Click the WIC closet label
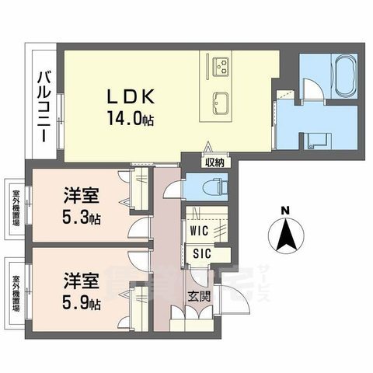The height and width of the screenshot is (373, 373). (199, 231)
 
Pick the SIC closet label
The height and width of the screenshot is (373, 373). (199, 253)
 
